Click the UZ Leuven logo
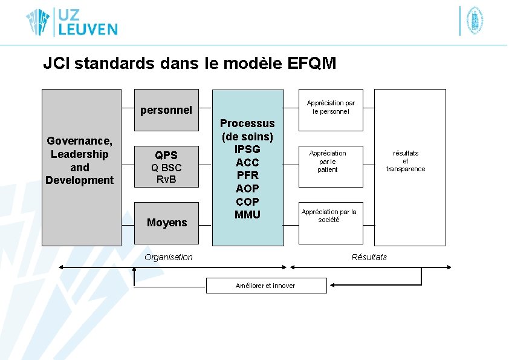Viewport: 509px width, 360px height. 71,22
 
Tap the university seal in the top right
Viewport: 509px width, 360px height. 475,21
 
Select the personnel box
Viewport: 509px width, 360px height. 166,110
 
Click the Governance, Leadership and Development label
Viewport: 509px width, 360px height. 80,160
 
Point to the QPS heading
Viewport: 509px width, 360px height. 166,155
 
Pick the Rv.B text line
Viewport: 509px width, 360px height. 166,179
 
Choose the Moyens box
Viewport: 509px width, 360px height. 166,223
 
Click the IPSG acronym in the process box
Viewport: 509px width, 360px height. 247,149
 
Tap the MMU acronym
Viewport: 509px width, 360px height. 247,214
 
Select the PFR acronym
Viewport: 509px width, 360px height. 247,175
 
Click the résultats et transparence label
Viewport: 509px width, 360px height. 406,161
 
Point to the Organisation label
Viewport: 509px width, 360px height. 169,257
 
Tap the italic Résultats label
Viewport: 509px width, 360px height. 369,257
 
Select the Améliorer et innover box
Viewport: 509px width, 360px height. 266,286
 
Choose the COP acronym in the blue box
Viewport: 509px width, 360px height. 247,201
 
